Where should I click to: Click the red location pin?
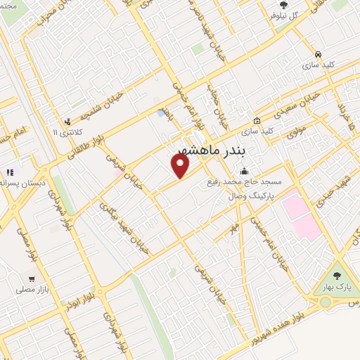click(181, 166)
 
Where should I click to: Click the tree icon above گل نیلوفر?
click(283, 4)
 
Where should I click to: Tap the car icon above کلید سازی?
click(319, 54)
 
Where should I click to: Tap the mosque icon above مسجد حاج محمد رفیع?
click(244, 171)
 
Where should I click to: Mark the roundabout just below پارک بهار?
click(326, 302)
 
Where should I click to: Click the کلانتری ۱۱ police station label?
click(67, 131)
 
